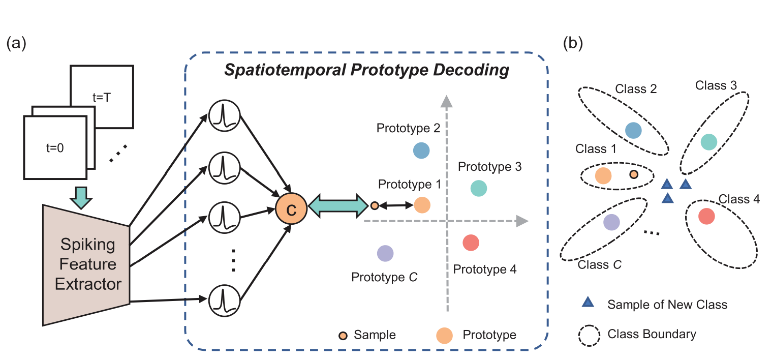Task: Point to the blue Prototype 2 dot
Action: pyautogui.click(x=421, y=151)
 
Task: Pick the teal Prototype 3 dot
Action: pyautogui.click(x=478, y=188)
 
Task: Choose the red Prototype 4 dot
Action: pyautogui.click(x=471, y=243)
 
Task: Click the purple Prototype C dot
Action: pyautogui.click(x=386, y=253)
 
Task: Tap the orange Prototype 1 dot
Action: pyautogui.click(x=422, y=205)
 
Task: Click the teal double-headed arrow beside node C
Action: pyautogui.click(x=339, y=205)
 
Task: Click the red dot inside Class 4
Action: pyautogui.click(x=706, y=216)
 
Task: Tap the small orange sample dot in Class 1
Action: pyautogui.click(x=634, y=174)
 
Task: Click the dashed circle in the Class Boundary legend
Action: pyautogui.click(x=588, y=334)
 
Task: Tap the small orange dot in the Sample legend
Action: pyautogui.click(x=344, y=335)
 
